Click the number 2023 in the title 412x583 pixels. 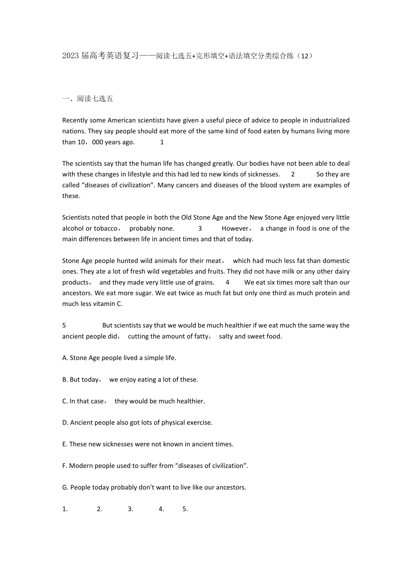(70, 56)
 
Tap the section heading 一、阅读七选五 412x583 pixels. (88, 99)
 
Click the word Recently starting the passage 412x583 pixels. (75, 120)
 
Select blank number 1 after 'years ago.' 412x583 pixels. (162, 142)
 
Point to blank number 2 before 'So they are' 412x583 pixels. (293, 174)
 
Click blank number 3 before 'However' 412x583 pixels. (200, 228)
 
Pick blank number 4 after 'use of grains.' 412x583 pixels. (227, 282)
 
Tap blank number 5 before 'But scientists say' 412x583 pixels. (64, 326)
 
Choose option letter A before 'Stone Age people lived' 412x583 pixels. (65, 358)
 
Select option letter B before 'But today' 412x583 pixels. (65, 380)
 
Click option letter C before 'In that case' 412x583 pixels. (65, 401)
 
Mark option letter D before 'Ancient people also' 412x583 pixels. (65, 423)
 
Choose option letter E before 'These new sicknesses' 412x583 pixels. (65, 444)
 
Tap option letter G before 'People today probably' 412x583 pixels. (65, 487)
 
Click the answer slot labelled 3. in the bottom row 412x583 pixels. (131, 509)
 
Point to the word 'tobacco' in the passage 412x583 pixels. (106, 228)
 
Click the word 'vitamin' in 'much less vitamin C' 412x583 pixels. (105, 304)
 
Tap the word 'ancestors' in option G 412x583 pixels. (231, 487)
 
